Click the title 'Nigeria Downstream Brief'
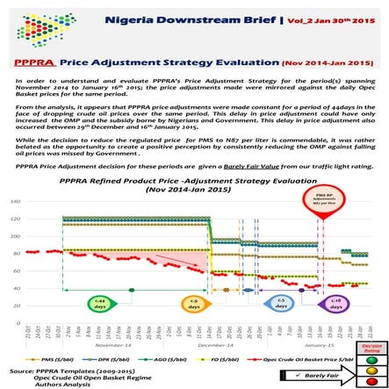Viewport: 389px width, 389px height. (x=176, y=17)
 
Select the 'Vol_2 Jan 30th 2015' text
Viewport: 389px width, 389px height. (x=302, y=18)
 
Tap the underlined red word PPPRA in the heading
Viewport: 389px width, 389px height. (x=31, y=64)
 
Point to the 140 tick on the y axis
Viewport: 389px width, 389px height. (x=19, y=201)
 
